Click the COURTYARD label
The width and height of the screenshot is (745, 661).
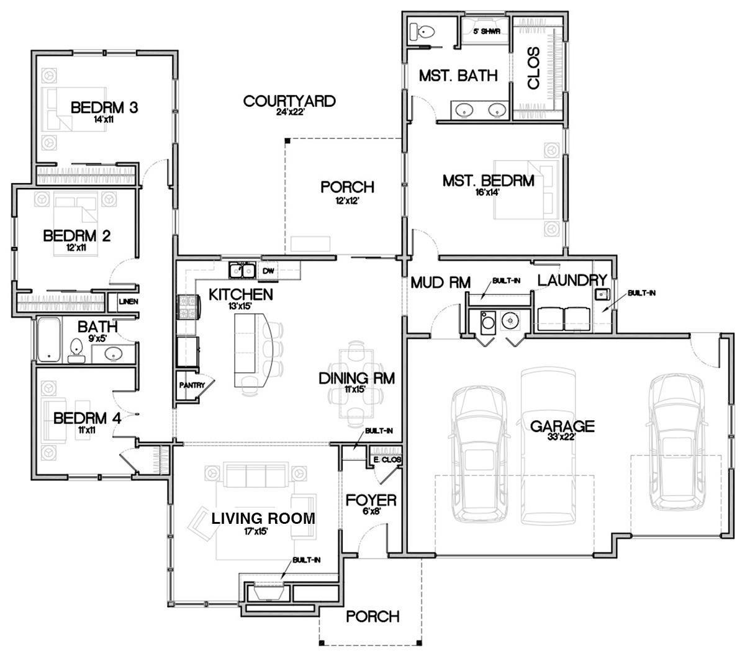289,101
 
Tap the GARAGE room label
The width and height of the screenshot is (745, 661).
562,426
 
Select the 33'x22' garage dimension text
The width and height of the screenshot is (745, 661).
562,437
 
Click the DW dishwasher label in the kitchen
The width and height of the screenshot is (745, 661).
268,271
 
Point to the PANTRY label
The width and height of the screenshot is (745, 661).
192,385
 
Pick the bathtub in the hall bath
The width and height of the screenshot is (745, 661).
48,340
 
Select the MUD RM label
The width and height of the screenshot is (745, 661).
441,283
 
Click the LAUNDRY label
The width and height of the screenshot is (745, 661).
571,281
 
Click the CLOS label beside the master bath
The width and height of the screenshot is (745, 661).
533,69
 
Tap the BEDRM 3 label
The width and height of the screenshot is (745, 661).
104,107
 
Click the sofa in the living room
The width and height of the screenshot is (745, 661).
256,476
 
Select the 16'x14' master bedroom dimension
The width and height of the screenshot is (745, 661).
487,192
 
